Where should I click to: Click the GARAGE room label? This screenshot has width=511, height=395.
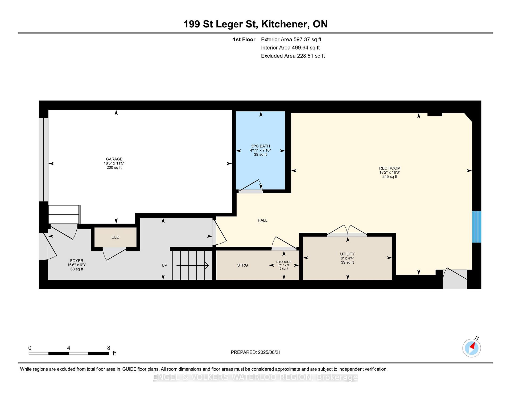pos(114,159)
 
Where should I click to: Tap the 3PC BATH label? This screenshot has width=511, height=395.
pos(261,146)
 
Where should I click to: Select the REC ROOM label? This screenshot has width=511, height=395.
pos(390,168)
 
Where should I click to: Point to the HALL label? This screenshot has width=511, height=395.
pos(262,220)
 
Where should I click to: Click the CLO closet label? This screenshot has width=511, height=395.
pos(116,237)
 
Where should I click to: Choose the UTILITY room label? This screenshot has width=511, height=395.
pos(347,254)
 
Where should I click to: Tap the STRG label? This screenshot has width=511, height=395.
pos(242,265)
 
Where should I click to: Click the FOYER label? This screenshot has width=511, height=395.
pos(77,261)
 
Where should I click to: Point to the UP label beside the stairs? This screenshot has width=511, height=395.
pos(164,265)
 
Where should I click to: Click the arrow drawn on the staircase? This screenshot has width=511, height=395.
pos(192,265)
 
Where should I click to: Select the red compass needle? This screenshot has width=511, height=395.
pos(472,346)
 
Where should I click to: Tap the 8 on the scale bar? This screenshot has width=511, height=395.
pos(109,348)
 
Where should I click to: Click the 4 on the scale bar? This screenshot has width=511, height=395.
pos(69,348)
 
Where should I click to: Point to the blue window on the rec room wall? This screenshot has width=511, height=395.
pos(477,227)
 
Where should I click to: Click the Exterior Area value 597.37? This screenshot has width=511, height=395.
pos(302,40)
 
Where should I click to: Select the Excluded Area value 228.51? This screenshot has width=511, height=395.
pos(305,56)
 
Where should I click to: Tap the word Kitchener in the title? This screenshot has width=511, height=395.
pos(285,24)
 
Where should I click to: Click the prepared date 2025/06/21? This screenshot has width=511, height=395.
pos(269,352)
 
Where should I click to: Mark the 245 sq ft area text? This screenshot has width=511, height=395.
pos(390,177)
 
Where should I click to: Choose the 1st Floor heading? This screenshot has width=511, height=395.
pos(244,40)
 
